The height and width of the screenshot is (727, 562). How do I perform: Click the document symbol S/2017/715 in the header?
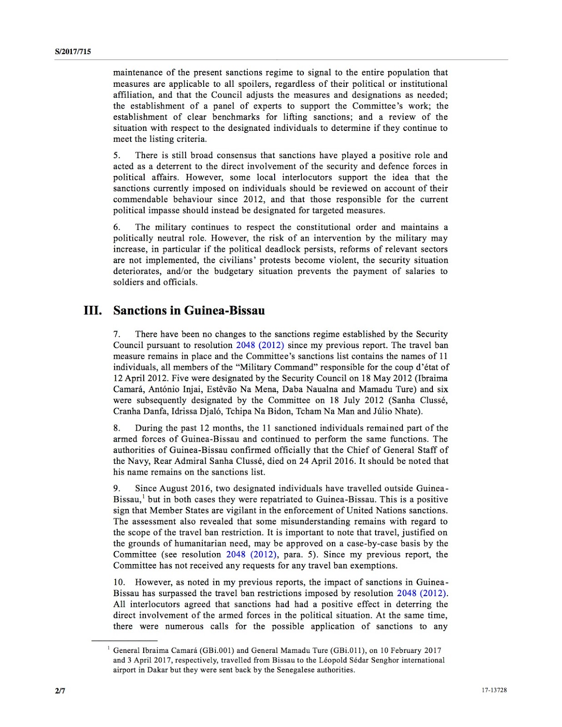point(73,52)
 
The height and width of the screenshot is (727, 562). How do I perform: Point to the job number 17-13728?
point(494,690)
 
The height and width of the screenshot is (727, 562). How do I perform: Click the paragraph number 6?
point(116,227)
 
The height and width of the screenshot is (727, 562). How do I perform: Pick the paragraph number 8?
point(116,428)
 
